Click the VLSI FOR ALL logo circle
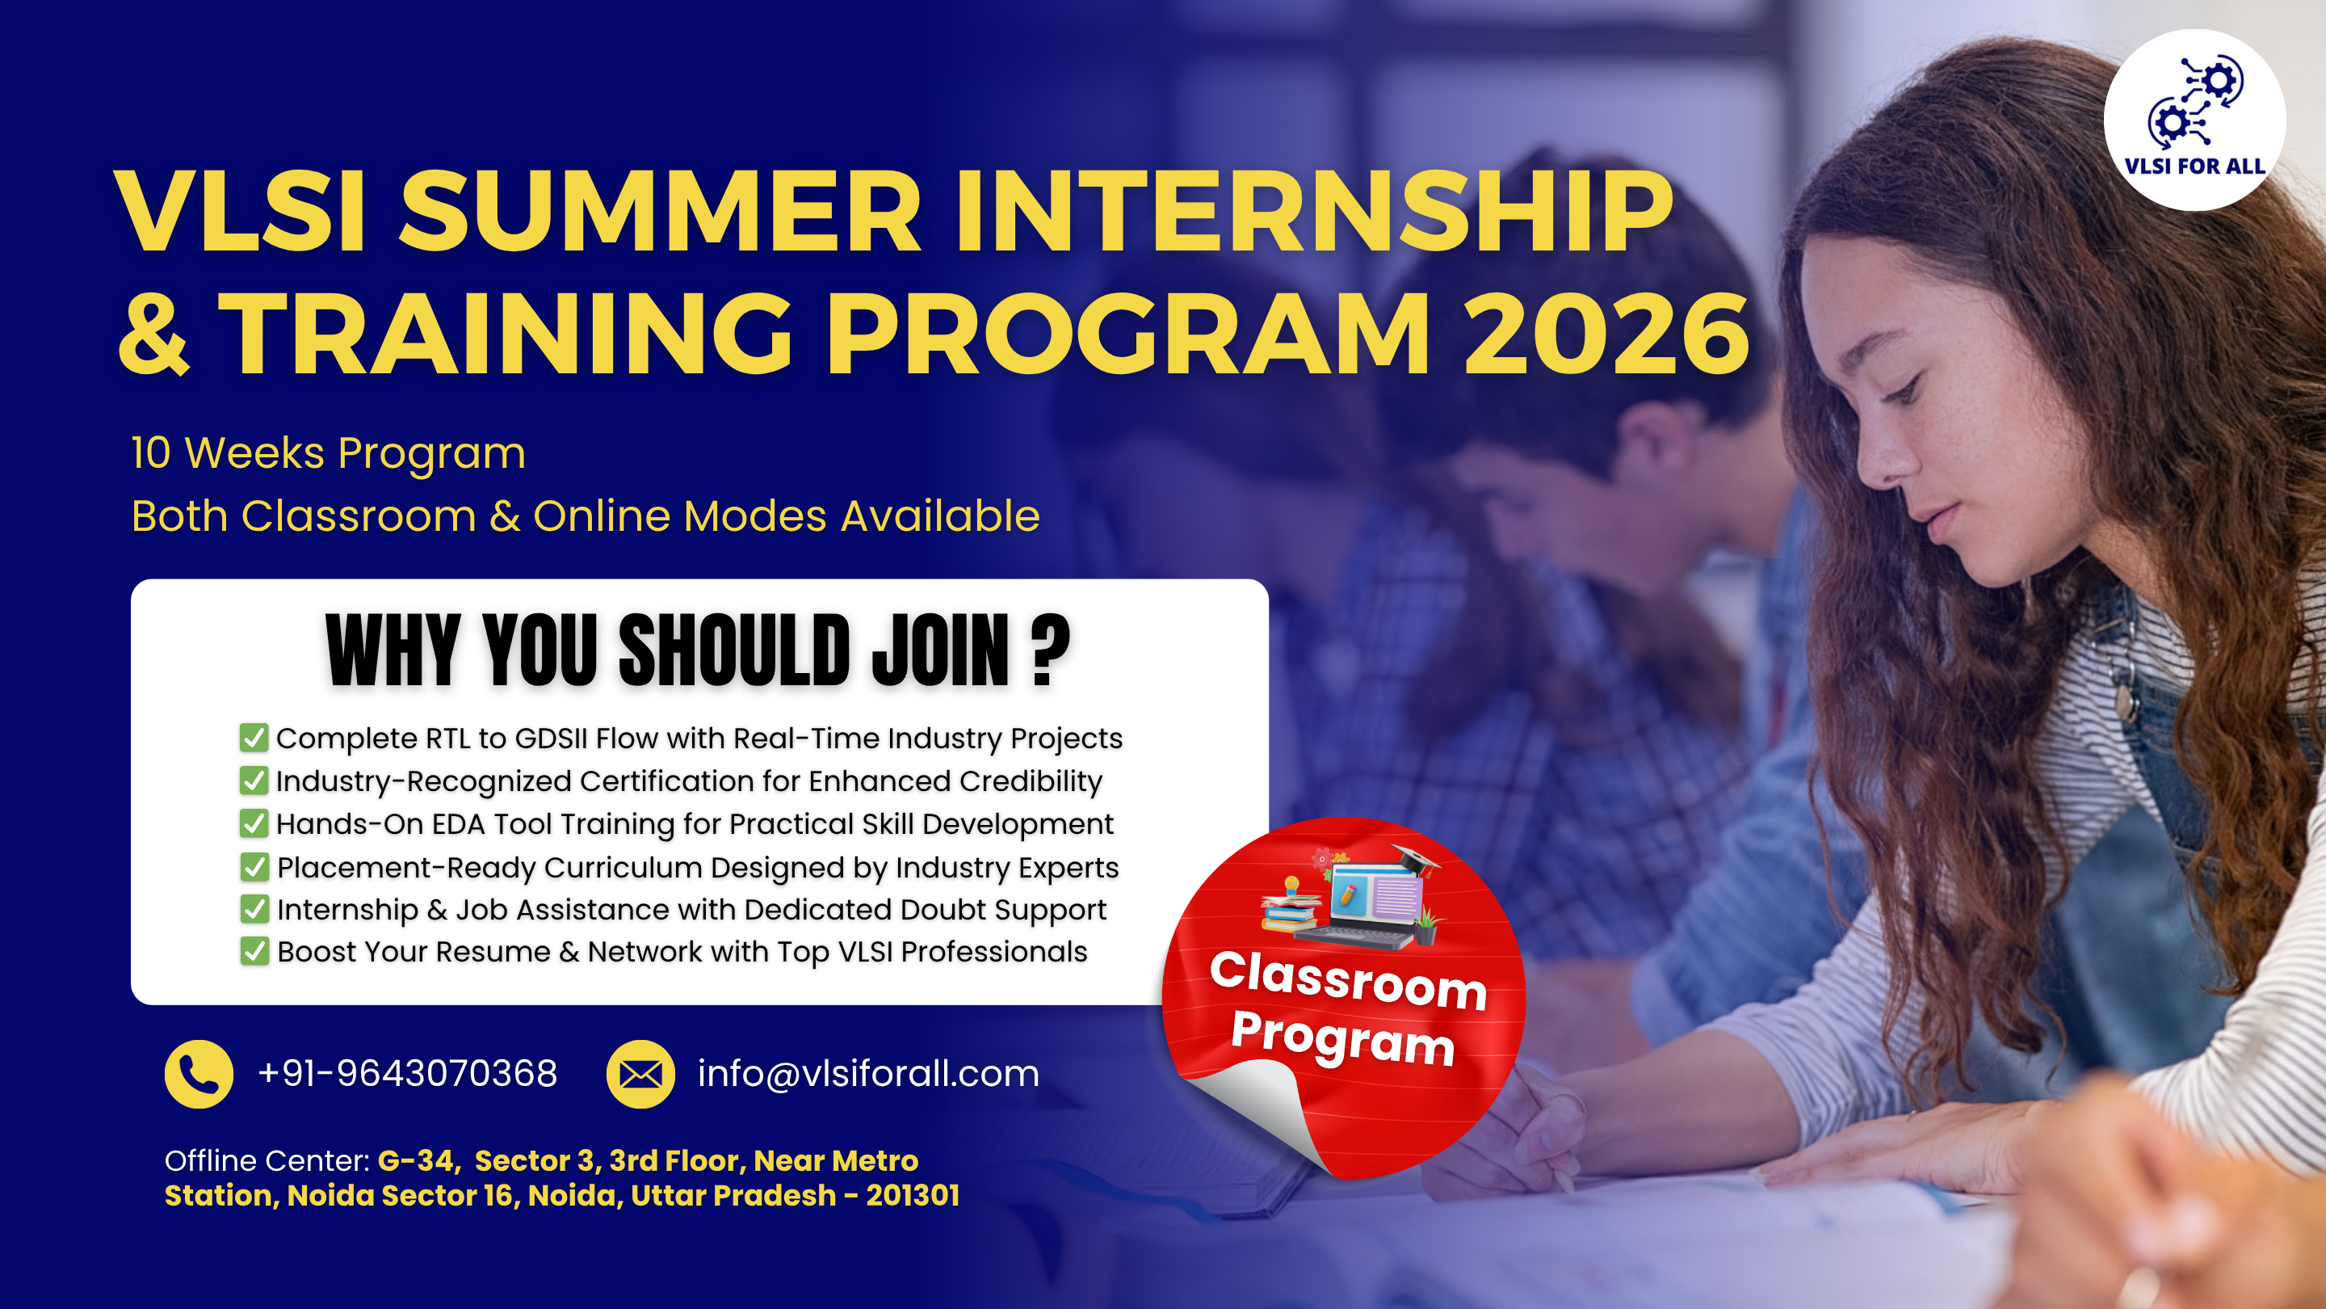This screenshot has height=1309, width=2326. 2194,120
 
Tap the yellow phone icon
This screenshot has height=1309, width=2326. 199,1074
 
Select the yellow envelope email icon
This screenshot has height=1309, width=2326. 640,1074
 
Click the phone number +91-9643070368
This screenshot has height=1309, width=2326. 407,1073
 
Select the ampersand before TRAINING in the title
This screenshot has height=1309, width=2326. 154,335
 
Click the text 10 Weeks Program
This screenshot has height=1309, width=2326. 329,453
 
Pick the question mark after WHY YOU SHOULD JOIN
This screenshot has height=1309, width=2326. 1050,650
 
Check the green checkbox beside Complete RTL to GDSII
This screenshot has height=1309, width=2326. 254,737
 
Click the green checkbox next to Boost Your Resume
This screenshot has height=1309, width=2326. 254,951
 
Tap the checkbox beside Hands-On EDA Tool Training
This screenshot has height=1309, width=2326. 254,823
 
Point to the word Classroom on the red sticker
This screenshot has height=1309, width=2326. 1348,980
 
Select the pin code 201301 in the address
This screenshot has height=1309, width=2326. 913,1195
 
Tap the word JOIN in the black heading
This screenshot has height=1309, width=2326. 940,650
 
